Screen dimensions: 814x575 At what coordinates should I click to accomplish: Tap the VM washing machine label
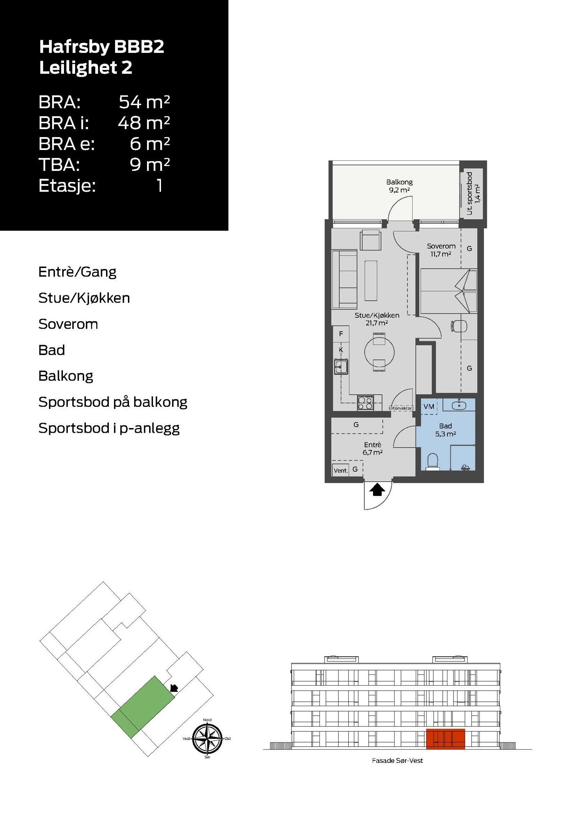[x=429, y=406]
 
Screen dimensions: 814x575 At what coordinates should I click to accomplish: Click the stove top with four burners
[x=365, y=403]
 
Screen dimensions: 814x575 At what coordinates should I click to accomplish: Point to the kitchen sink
[x=340, y=367]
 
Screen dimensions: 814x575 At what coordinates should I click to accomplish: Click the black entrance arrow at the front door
[x=377, y=490]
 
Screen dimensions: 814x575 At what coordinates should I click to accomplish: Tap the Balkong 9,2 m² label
[x=399, y=186]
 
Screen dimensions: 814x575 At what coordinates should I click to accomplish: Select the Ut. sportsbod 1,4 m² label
[x=473, y=194]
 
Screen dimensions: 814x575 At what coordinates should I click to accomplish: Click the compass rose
[x=207, y=738]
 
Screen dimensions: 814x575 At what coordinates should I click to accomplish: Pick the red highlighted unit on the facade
[x=445, y=739]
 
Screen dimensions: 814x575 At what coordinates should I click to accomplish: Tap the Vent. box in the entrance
[x=340, y=470]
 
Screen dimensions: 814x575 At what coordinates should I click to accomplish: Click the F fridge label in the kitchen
[x=341, y=334]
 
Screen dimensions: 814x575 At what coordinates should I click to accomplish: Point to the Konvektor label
[x=401, y=408]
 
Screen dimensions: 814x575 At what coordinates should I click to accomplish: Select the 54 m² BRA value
[x=144, y=102]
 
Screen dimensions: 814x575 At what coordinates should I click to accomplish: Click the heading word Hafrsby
[x=74, y=47]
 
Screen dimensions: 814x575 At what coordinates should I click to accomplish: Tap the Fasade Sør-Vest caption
[x=397, y=761]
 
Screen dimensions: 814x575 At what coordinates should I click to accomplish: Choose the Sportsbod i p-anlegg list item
[x=109, y=428]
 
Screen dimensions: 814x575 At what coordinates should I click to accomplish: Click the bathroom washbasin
[x=459, y=405]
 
